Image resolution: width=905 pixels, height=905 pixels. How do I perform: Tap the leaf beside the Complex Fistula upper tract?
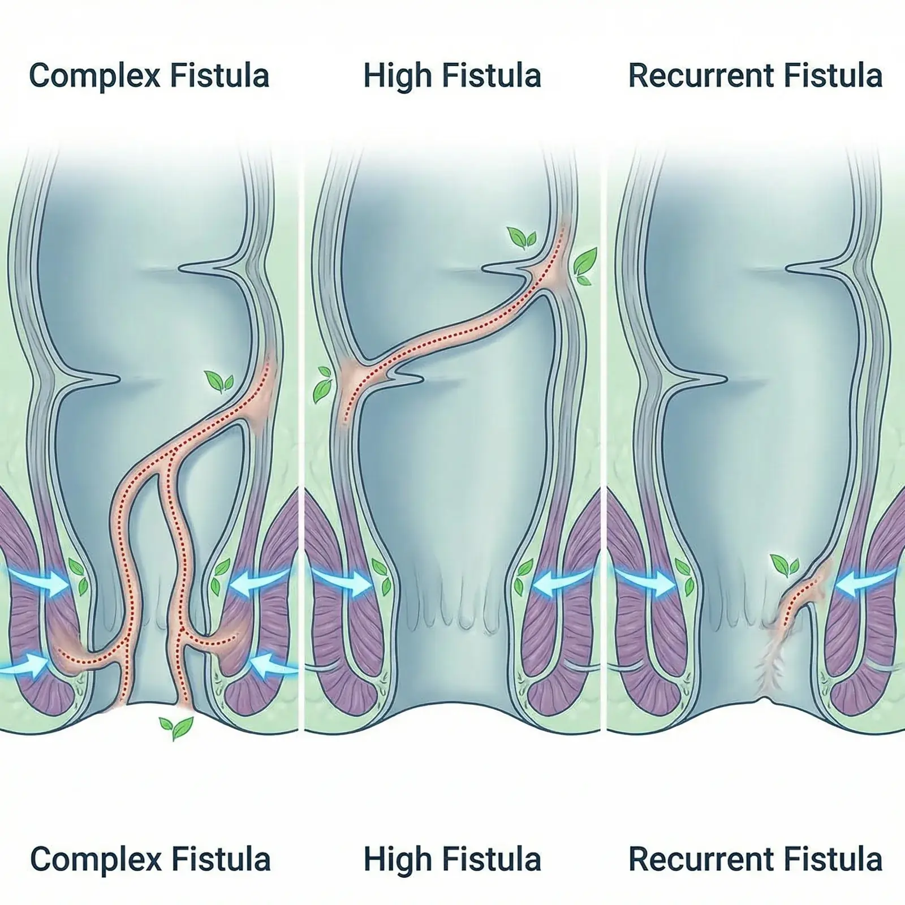click(x=219, y=382)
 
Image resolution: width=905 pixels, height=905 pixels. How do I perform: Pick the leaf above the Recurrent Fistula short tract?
click(x=785, y=564)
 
